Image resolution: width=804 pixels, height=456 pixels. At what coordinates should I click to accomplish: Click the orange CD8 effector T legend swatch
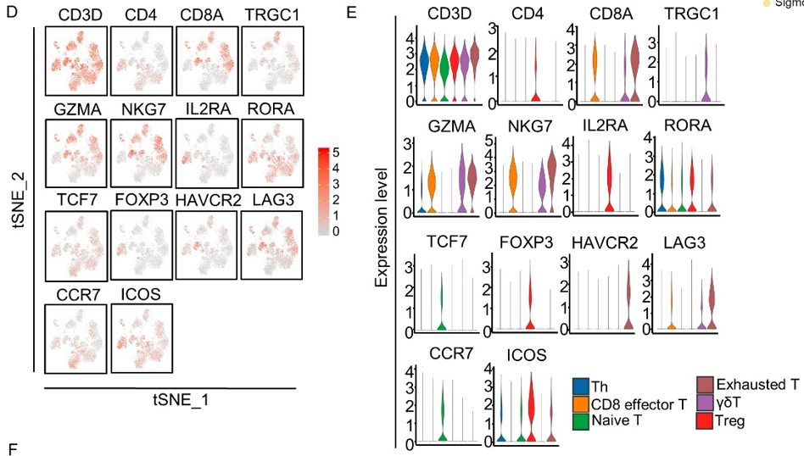point(580,404)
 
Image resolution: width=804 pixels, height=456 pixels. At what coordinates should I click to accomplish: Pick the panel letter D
point(12,15)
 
